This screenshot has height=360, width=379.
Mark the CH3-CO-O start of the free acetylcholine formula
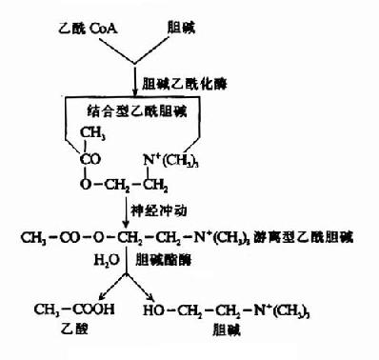56,234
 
